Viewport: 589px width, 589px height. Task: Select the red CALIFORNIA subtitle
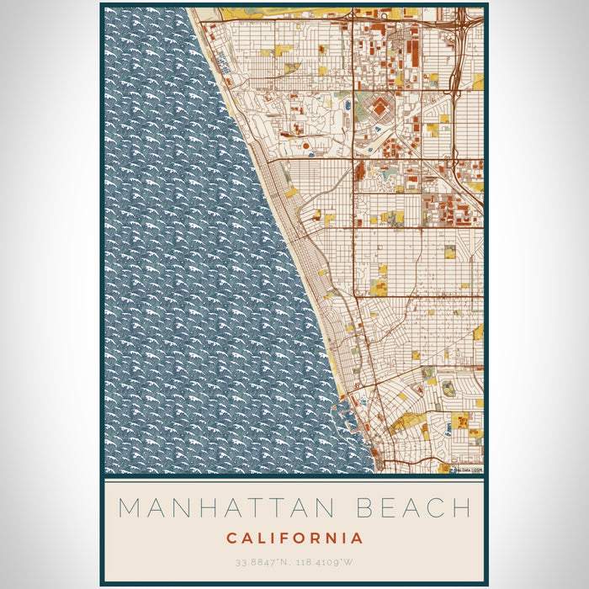[294, 538]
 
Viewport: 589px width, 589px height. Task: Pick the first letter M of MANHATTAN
[129, 508]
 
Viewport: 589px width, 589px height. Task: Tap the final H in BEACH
[460, 508]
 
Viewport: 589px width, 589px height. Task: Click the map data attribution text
[466, 470]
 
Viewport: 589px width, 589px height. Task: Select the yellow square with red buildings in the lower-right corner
[460, 421]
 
